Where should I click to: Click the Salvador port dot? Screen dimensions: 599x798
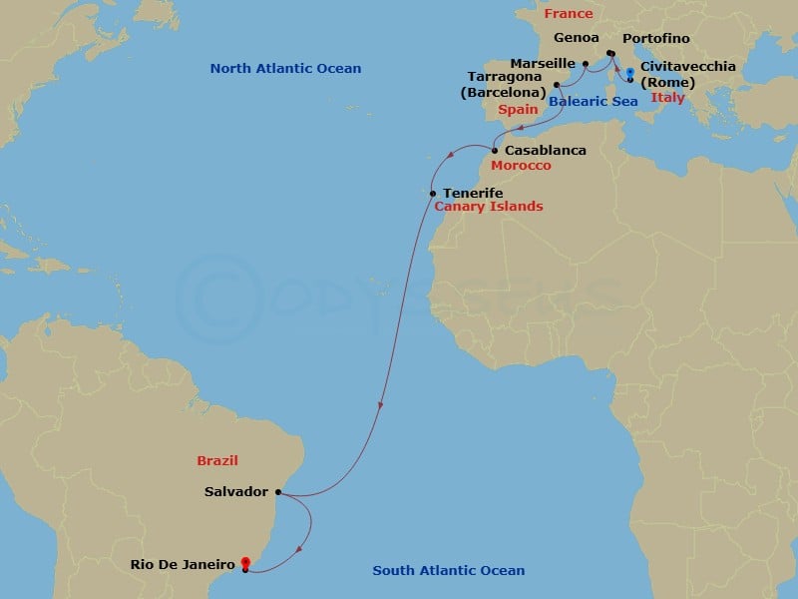277,492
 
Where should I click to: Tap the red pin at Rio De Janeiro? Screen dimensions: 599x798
245,564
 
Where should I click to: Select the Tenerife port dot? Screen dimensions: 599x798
432,193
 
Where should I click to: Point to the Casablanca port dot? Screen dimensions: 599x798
494,151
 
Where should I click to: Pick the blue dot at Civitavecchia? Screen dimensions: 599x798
630,72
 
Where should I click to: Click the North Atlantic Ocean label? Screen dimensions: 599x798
285,68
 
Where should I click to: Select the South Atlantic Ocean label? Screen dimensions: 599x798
448,571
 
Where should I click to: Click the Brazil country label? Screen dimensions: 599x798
218,460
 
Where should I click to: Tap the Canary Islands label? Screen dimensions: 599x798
489,207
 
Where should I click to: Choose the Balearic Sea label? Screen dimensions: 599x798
594,101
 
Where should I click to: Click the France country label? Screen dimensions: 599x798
569,14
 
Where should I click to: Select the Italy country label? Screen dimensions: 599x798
667,97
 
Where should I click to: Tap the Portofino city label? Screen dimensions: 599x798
655,39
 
